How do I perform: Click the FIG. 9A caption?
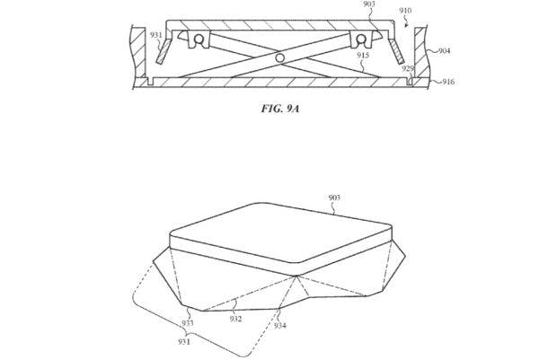280,109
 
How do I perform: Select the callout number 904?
444,51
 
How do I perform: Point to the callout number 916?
448,82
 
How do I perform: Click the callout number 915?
363,55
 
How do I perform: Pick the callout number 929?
408,68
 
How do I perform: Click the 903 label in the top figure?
369,4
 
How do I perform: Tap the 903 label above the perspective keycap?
334,198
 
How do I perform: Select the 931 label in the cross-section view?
156,35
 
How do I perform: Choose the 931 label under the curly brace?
184,341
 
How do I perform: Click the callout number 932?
235,319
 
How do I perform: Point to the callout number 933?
188,323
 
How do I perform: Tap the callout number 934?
280,325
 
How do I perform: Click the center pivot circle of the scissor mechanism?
280,57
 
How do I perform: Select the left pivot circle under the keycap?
199,39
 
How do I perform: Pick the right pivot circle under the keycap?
361,39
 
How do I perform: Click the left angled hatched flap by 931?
164,51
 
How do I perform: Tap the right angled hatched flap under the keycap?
396,51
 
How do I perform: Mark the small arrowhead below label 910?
407,25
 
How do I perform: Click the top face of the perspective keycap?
280,233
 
